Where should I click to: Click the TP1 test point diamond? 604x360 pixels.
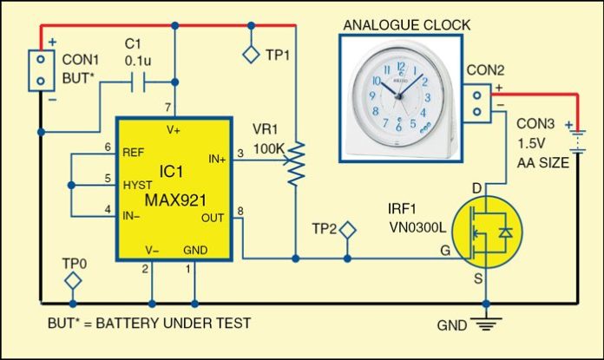click(250, 55)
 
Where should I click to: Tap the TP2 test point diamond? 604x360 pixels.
click(347, 232)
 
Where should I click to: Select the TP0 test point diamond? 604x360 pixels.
click(74, 280)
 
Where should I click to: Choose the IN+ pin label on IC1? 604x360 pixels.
click(216, 158)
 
